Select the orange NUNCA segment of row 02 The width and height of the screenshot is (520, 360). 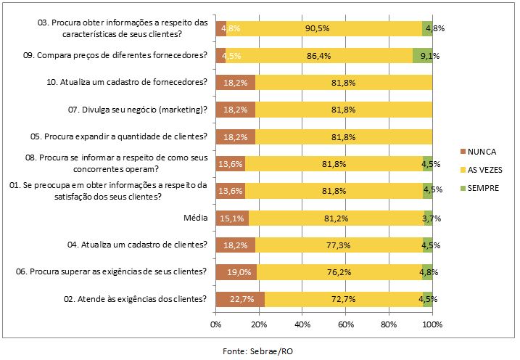coord(239,299)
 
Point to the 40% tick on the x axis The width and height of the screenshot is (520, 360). coord(302,323)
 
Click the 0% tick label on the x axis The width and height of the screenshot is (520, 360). coord(216,323)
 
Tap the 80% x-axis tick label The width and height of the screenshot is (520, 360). coord(389,323)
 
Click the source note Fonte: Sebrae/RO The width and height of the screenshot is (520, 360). coord(260,350)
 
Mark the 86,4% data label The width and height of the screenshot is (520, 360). coord(319,56)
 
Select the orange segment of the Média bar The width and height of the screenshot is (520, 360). coord(232,218)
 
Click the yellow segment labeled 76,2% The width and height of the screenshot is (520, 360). coord(341,272)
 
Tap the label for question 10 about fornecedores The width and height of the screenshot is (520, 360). coord(127,83)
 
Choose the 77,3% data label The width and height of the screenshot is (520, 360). coord(339,245)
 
